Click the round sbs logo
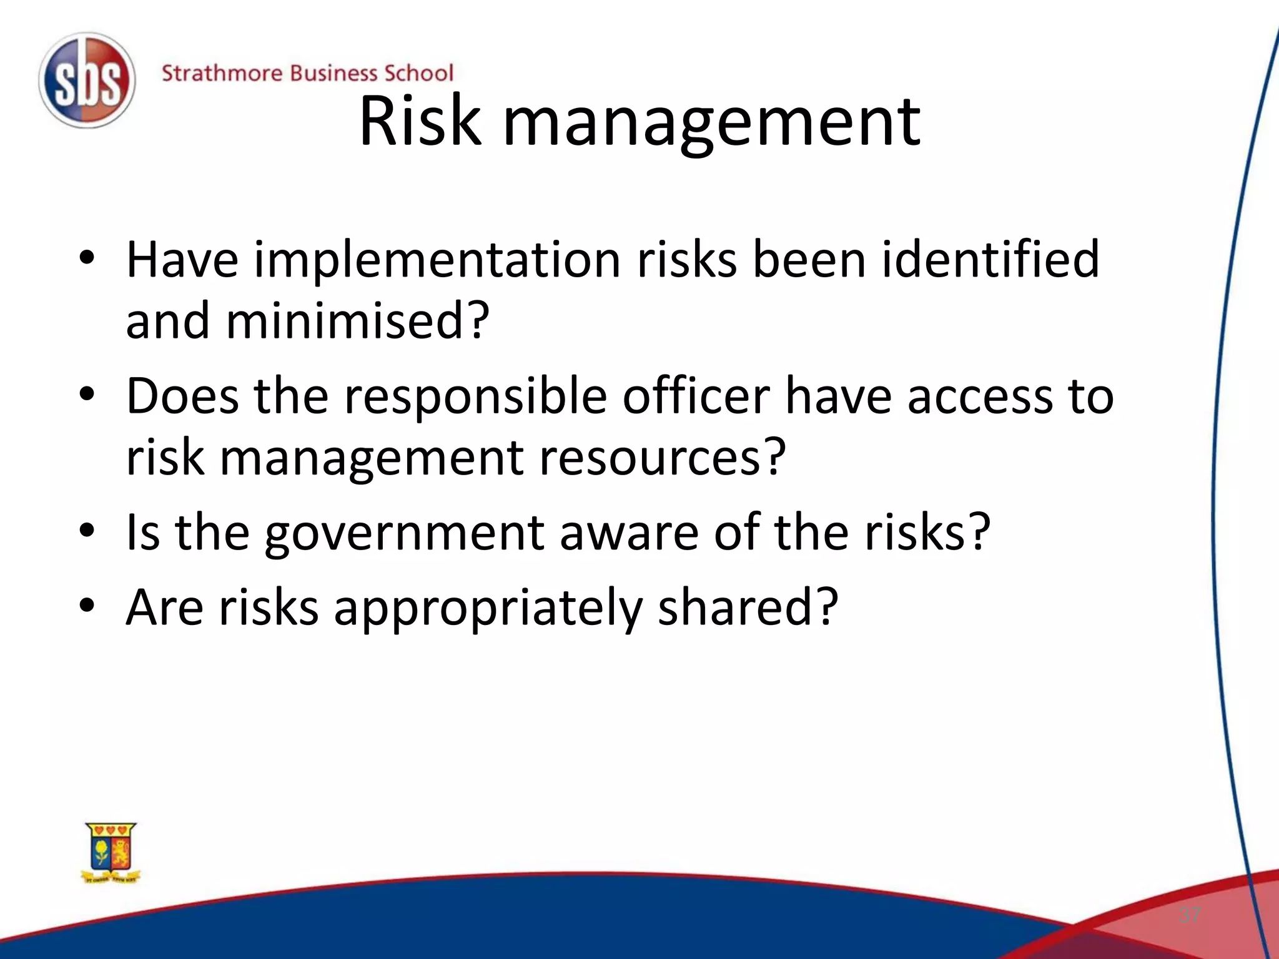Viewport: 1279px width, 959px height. coord(86,81)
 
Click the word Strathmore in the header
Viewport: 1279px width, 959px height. coord(222,74)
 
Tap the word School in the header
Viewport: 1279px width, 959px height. coord(418,74)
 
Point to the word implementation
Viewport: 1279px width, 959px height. coord(437,260)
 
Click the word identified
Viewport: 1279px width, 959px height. coord(989,260)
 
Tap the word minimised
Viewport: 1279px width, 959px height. coord(357,322)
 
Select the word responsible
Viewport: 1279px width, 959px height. coord(475,397)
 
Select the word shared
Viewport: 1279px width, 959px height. coord(747,608)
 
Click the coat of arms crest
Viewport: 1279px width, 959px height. coord(111,852)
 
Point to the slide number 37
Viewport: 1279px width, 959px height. coord(1190,916)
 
